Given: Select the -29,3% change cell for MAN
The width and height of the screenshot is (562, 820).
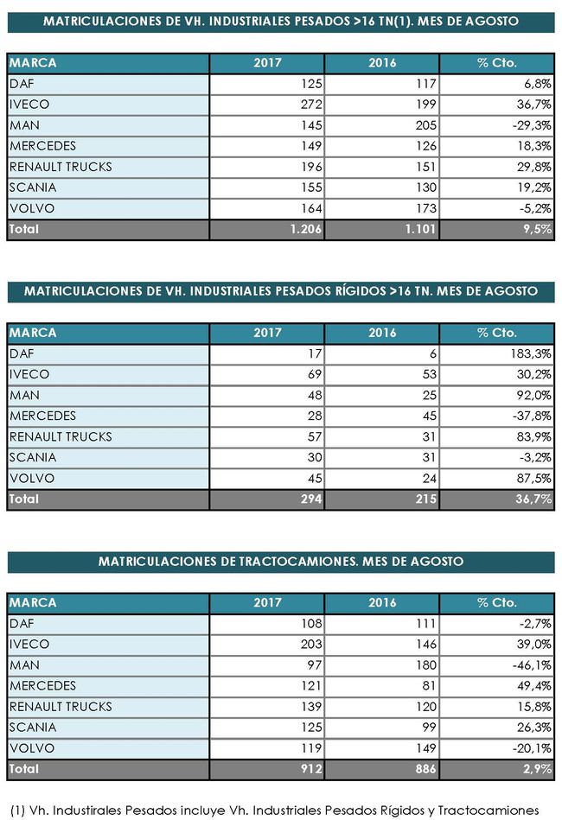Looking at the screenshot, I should tap(533, 125).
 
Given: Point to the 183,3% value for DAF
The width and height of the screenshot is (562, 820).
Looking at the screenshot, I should tap(530, 353).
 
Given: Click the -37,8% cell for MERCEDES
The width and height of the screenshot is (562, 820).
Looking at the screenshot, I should tap(533, 416).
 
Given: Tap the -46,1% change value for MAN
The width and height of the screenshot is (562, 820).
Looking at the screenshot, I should tap(533, 664).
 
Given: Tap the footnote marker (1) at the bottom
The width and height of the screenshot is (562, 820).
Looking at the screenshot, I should tap(16, 810).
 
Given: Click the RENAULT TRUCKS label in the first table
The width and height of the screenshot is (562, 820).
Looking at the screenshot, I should tap(61, 167).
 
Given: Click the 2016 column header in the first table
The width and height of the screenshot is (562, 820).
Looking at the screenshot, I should tap(382, 63).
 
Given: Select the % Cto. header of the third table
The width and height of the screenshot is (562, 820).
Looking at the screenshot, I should tap(496, 602).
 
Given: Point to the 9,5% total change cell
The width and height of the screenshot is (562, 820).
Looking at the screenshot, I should tap(537, 230).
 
